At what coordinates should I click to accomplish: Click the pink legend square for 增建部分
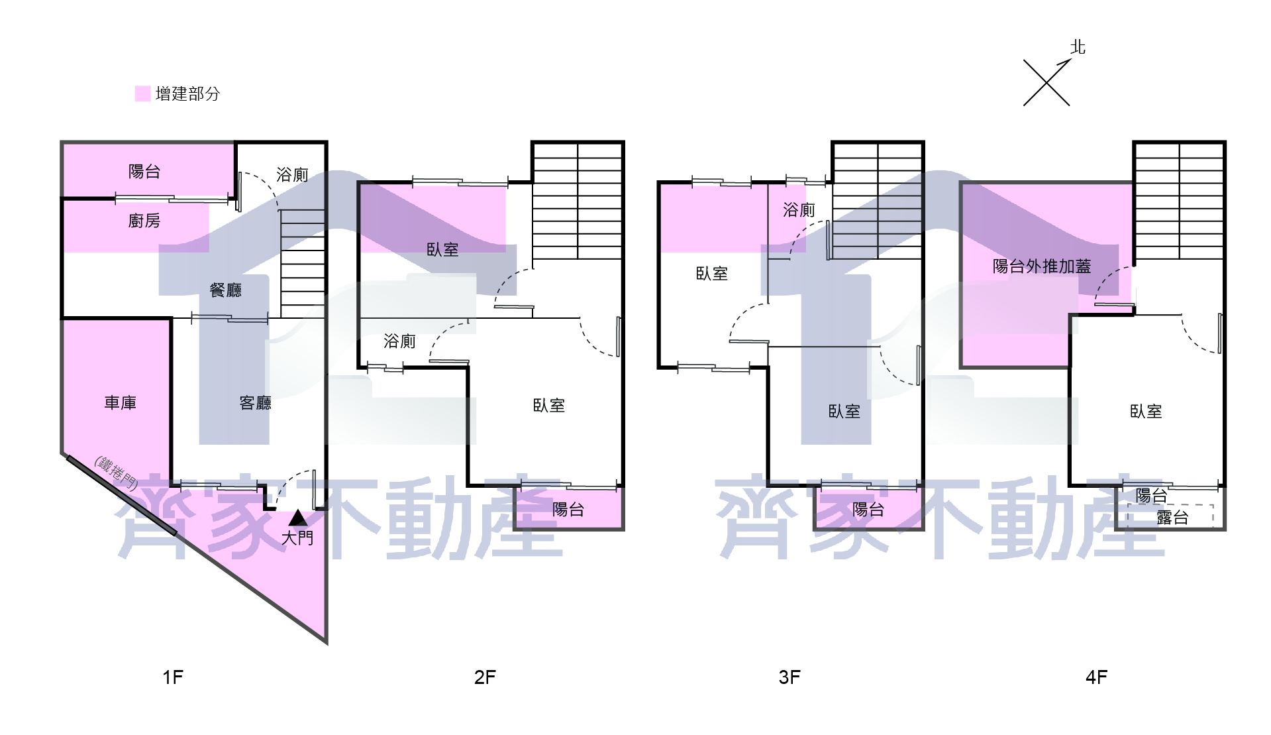(142, 93)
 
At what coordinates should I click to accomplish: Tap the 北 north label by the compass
(1078, 47)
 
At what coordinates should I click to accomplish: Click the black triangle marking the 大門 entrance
(298, 518)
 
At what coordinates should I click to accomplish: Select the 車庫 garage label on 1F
(121, 403)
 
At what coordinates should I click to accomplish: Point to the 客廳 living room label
(256, 403)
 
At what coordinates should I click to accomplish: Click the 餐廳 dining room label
(226, 290)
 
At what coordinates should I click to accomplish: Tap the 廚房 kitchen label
(144, 221)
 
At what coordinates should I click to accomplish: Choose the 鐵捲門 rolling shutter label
(117, 472)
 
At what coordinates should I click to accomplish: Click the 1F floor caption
(173, 677)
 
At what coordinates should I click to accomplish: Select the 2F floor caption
(485, 677)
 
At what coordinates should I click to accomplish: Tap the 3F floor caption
(789, 677)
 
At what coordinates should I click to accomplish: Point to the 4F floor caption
(1097, 677)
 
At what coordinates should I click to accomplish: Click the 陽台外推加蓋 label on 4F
(1042, 266)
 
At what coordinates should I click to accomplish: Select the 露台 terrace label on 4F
(1172, 518)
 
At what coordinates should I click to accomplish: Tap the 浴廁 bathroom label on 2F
(400, 341)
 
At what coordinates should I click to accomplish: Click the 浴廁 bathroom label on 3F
(799, 210)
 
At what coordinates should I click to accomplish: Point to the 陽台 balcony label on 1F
(144, 172)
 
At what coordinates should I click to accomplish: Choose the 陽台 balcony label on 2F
(568, 509)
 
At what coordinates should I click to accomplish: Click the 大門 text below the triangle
(297, 537)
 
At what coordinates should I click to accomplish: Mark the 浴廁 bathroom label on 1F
(293, 174)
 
